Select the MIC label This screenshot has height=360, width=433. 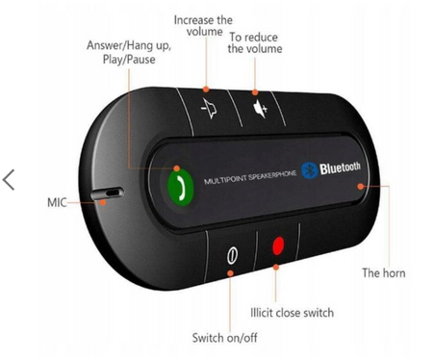tap(57, 204)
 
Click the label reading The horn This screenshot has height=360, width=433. tap(383, 273)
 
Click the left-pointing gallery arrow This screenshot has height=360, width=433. tap(10, 180)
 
